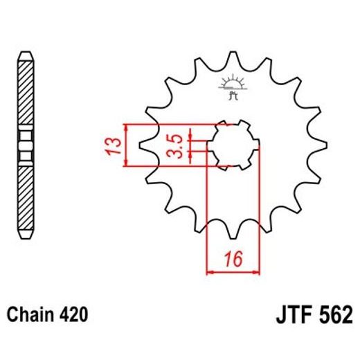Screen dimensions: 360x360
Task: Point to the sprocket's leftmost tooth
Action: tap(144, 147)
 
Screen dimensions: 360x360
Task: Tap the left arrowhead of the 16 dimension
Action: tap(211, 271)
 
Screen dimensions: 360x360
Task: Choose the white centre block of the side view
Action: tap(25, 146)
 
